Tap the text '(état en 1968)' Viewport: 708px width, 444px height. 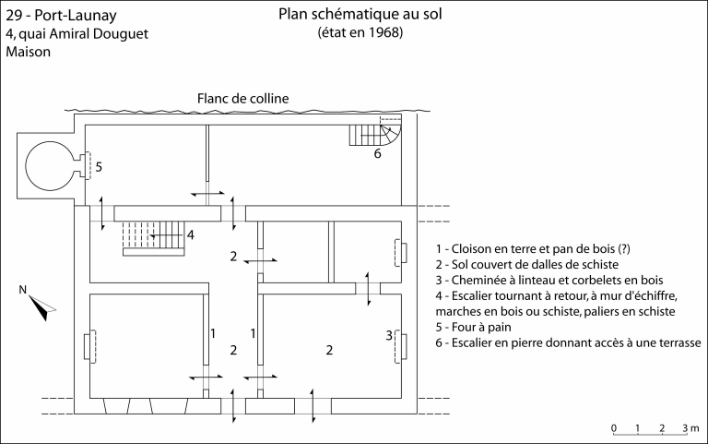point(360,33)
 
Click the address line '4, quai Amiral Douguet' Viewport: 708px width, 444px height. point(77,34)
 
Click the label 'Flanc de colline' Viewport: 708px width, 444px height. point(242,99)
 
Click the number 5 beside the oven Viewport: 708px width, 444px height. point(99,167)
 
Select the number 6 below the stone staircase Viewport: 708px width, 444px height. point(376,153)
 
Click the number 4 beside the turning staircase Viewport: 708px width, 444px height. point(190,234)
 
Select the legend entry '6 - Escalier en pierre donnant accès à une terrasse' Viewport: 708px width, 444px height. point(568,342)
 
